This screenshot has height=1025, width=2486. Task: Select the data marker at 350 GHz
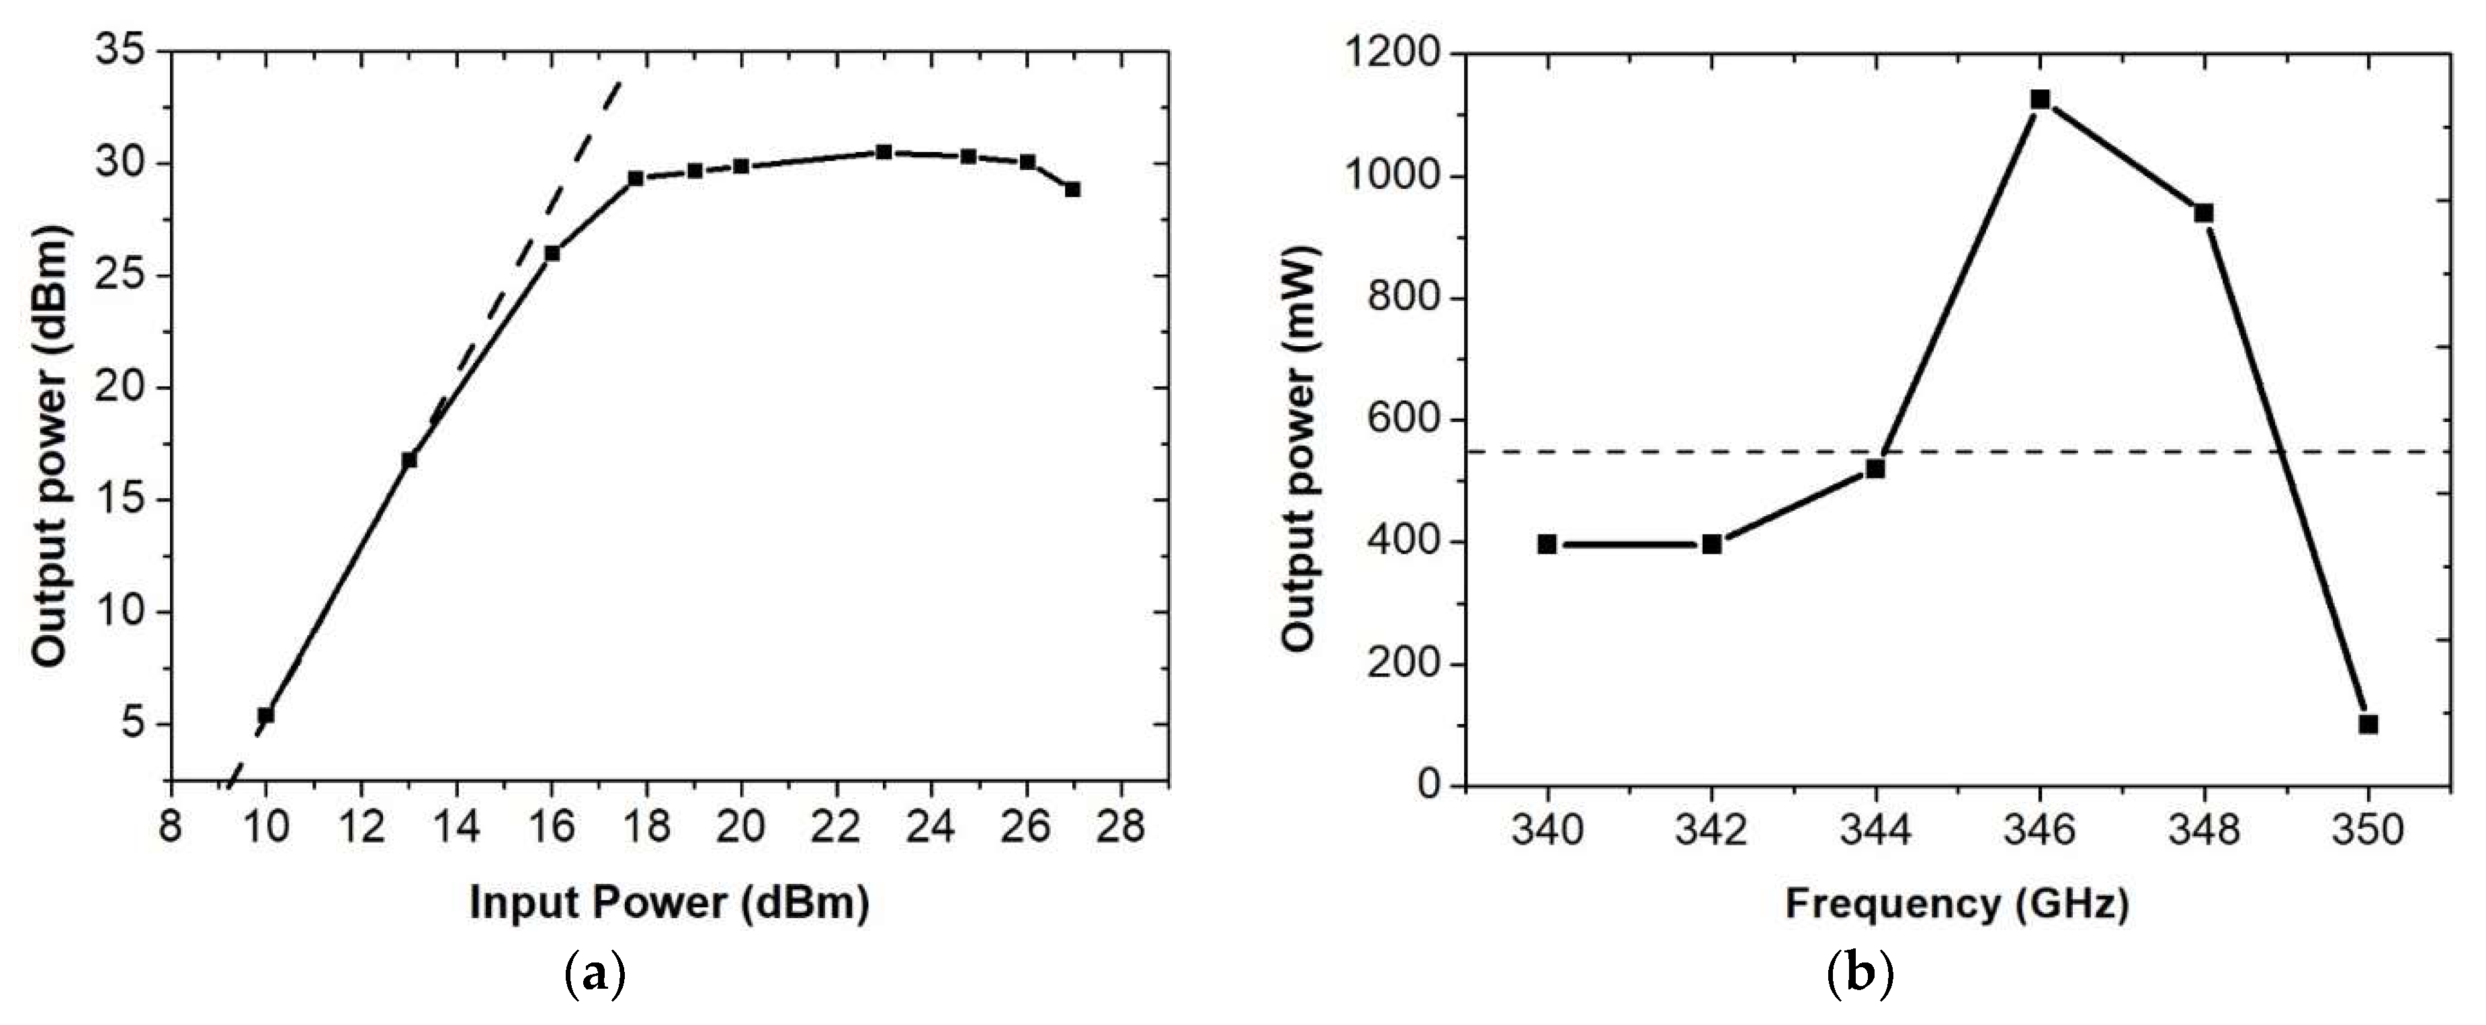2367,724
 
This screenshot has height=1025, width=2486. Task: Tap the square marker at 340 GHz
1547,544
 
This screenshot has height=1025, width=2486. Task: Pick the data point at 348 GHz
2203,213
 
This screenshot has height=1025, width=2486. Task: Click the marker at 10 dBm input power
265,715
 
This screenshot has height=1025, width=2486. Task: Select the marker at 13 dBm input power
409,460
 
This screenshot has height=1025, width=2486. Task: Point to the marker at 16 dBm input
552,253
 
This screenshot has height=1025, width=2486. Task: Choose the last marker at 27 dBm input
1072,189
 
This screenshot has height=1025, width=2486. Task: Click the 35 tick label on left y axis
122,51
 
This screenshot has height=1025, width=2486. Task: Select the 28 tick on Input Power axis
1121,828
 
